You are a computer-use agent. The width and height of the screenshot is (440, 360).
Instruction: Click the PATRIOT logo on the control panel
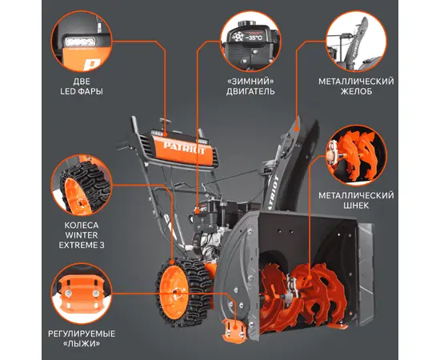click(184, 148)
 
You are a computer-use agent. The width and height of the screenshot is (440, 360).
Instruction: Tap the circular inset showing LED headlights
click(82, 41)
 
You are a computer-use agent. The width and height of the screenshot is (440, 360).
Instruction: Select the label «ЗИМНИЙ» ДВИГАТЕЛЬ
click(250, 86)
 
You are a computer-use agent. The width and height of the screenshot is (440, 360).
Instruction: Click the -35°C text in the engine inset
click(254, 38)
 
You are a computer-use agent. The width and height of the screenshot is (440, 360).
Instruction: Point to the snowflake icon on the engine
click(238, 37)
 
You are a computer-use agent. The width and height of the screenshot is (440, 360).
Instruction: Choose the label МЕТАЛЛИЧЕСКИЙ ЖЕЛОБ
click(356, 86)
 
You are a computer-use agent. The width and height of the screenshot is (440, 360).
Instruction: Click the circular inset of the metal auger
click(356, 155)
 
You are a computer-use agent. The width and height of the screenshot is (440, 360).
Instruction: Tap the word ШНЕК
click(356, 206)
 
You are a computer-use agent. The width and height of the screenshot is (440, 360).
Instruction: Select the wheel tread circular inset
click(82, 185)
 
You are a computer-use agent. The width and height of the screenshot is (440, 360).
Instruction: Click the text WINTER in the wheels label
click(82, 235)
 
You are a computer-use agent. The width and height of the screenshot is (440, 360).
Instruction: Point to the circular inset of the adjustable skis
click(82, 294)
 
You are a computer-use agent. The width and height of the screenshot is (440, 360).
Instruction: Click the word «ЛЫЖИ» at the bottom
click(82, 343)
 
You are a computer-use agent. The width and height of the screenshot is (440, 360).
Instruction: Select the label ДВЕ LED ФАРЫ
click(82, 86)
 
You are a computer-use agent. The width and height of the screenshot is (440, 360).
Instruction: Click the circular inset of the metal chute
click(356, 41)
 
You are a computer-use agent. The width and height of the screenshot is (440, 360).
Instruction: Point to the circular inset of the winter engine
click(250, 41)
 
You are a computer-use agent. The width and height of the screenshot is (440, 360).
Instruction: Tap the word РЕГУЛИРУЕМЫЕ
click(82, 334)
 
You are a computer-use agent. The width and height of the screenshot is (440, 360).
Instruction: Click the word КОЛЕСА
click(82, 226)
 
